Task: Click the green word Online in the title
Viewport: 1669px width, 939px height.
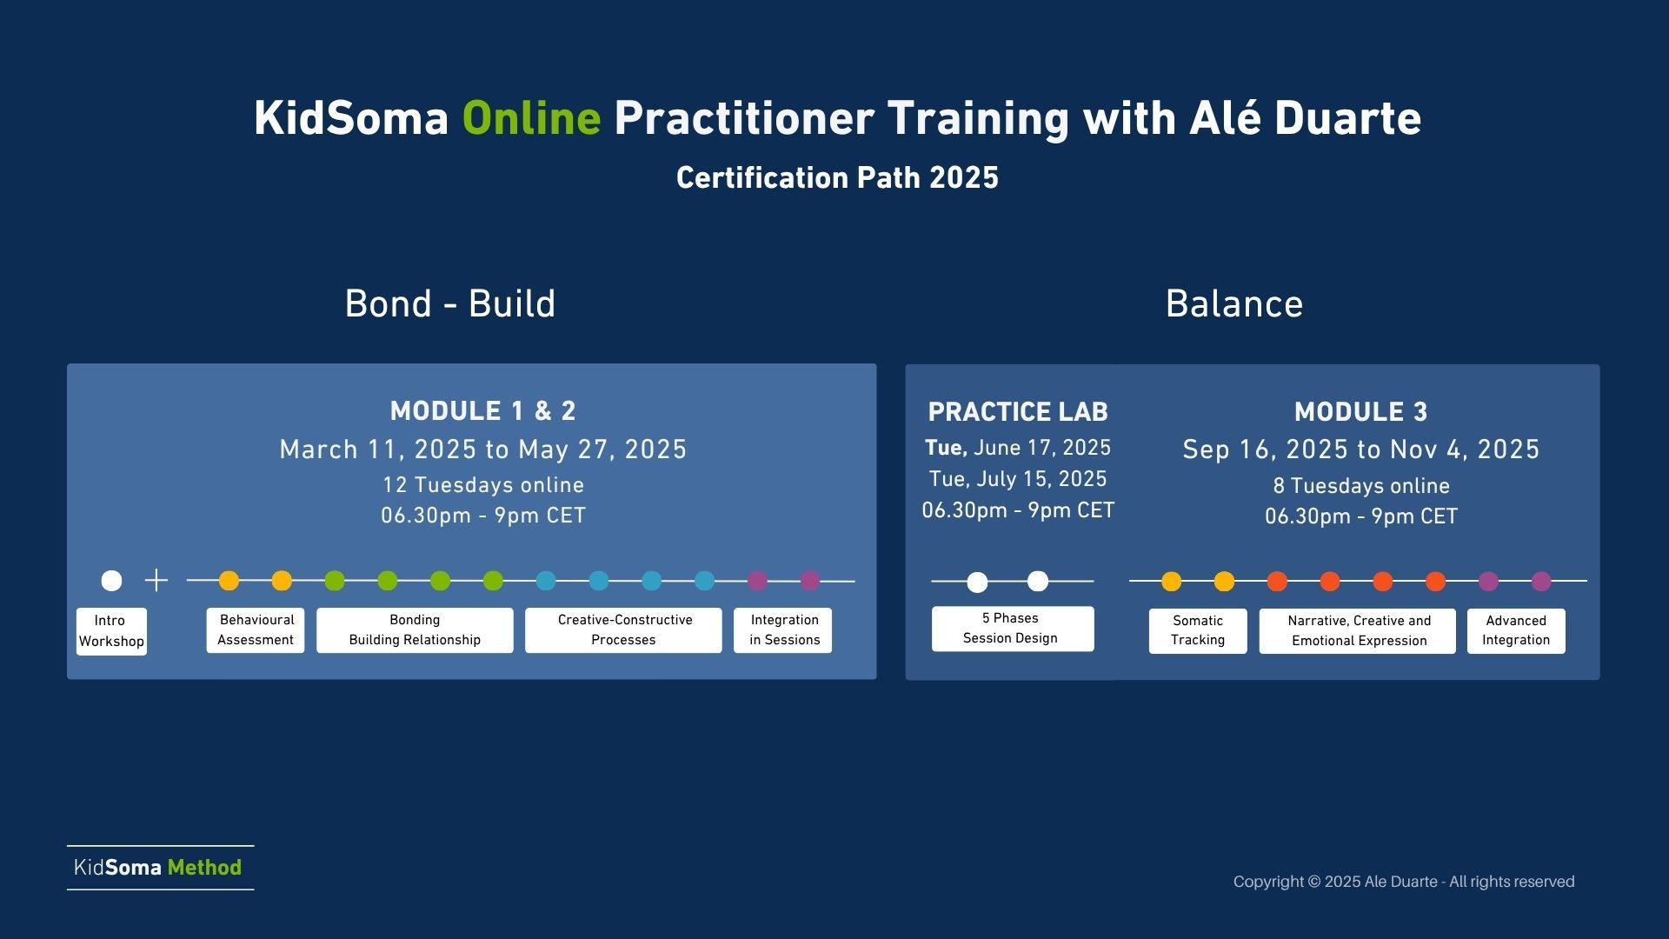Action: point(531,118)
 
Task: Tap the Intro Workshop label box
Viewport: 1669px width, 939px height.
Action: point(111,631)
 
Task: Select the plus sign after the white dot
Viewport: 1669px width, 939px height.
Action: point(156,580)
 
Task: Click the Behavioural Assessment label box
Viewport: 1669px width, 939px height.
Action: point(256,630)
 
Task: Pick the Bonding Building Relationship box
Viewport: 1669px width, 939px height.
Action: point(415,630)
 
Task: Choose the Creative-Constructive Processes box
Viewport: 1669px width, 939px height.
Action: point(623,630)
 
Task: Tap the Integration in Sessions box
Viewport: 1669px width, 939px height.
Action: point(783,630)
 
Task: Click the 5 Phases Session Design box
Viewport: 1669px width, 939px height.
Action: point(1013,629)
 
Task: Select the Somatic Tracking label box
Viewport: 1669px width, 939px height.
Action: point(1198,631)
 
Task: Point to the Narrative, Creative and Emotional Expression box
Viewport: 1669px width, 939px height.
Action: point(1358,631)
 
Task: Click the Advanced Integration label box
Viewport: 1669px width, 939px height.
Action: point(1516,631)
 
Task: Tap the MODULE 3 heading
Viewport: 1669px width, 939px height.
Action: point(1360,412)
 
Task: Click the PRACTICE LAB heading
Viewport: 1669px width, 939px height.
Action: point(1018,412)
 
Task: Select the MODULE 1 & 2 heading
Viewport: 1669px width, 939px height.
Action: point(483,411)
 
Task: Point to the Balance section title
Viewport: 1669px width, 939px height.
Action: point(1234,304)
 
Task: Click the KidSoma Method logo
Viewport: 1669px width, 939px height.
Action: point(158,868)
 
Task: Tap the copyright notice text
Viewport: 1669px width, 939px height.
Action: point(1404,882)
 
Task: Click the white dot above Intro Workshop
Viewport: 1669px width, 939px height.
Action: point(111,580)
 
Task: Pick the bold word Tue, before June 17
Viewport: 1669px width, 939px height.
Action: point(946,449)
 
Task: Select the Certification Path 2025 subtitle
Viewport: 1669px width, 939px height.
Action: point(837,178)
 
